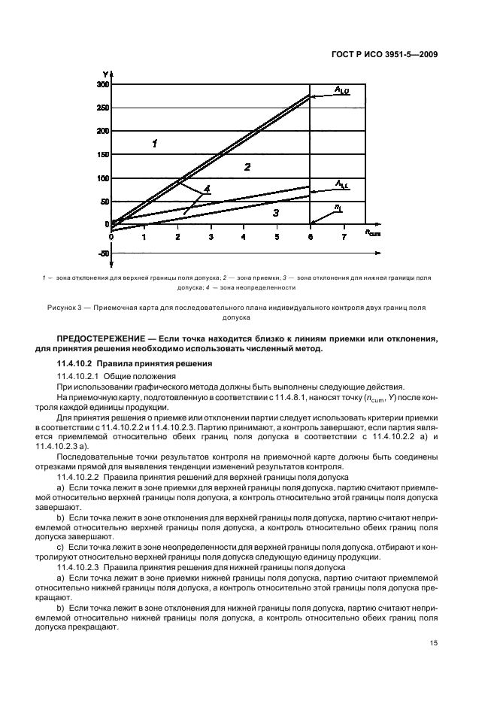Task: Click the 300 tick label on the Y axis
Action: [102, 85]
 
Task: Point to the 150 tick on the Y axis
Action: [102, 155]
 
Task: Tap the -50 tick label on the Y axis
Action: [103, 253]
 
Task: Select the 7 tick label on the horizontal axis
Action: [344, 237]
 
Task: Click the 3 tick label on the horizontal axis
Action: [211, 237]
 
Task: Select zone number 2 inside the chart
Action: [247, 167]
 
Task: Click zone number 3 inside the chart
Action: [276, 214]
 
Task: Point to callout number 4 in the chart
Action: [207, 188]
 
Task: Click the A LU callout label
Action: [343, 91]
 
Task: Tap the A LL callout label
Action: [341, 184]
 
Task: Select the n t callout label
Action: [338, 207]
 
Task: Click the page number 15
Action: [434, 643]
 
